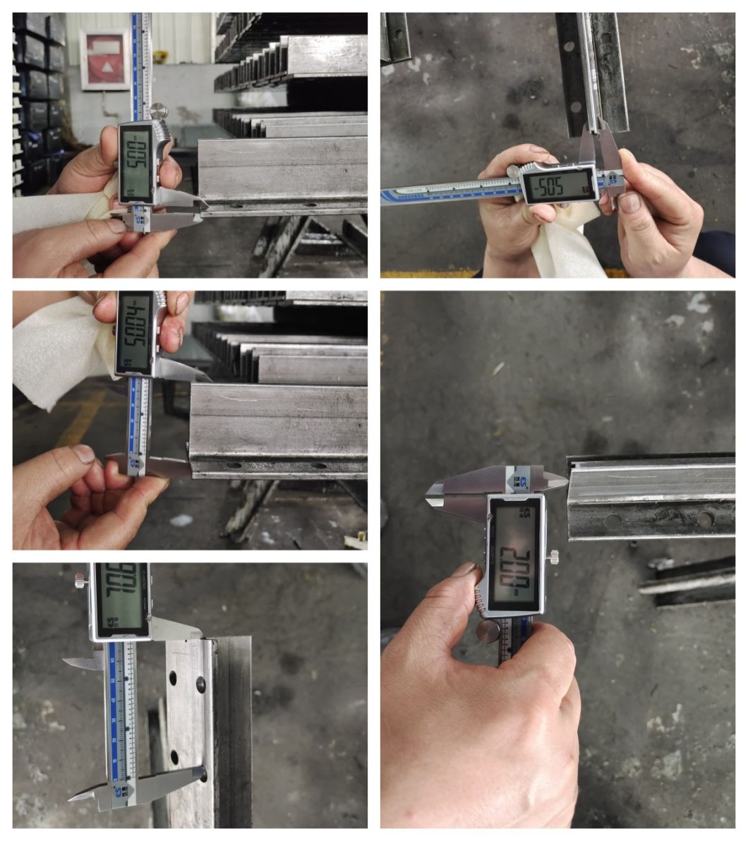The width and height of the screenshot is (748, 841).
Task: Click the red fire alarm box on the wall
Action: point(104,59)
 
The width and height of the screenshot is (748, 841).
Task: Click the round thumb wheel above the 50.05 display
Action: point(158,111)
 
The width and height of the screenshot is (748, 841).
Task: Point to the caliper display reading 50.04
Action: point(134,331)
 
